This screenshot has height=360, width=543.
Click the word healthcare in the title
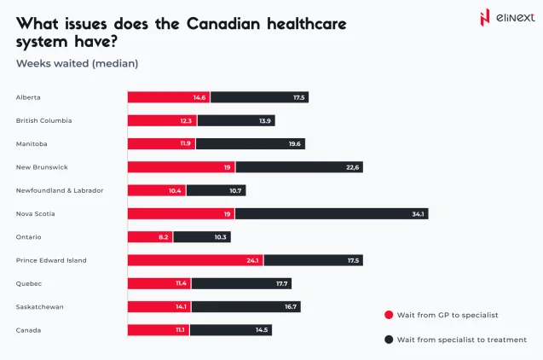click(297, 24)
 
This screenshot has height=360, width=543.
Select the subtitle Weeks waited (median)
click(77, 63)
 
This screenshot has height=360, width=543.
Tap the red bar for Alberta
click(168, 97)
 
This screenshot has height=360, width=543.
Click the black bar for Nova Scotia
click(331, 213)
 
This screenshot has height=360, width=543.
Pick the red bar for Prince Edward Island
click(195, 260)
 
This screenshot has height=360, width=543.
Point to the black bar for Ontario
click(201, 236)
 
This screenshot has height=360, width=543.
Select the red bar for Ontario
click(150, 236)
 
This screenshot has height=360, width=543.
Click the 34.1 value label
click(418, 213)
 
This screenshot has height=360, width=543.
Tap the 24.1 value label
click(252, 260)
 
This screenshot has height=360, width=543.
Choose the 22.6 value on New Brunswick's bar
click(352, 167)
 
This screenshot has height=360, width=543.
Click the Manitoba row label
click(32, 143)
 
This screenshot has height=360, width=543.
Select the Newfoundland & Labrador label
click(59, 190)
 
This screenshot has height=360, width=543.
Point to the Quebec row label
click(28, 283)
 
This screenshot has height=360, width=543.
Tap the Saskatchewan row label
click(39, 306)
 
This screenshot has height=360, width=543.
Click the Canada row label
click(28, 329)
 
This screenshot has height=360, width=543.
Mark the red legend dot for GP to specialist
click(389, 315)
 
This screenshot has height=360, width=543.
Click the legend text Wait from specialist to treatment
click(461, 340)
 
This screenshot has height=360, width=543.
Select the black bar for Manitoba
click(250, 143)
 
